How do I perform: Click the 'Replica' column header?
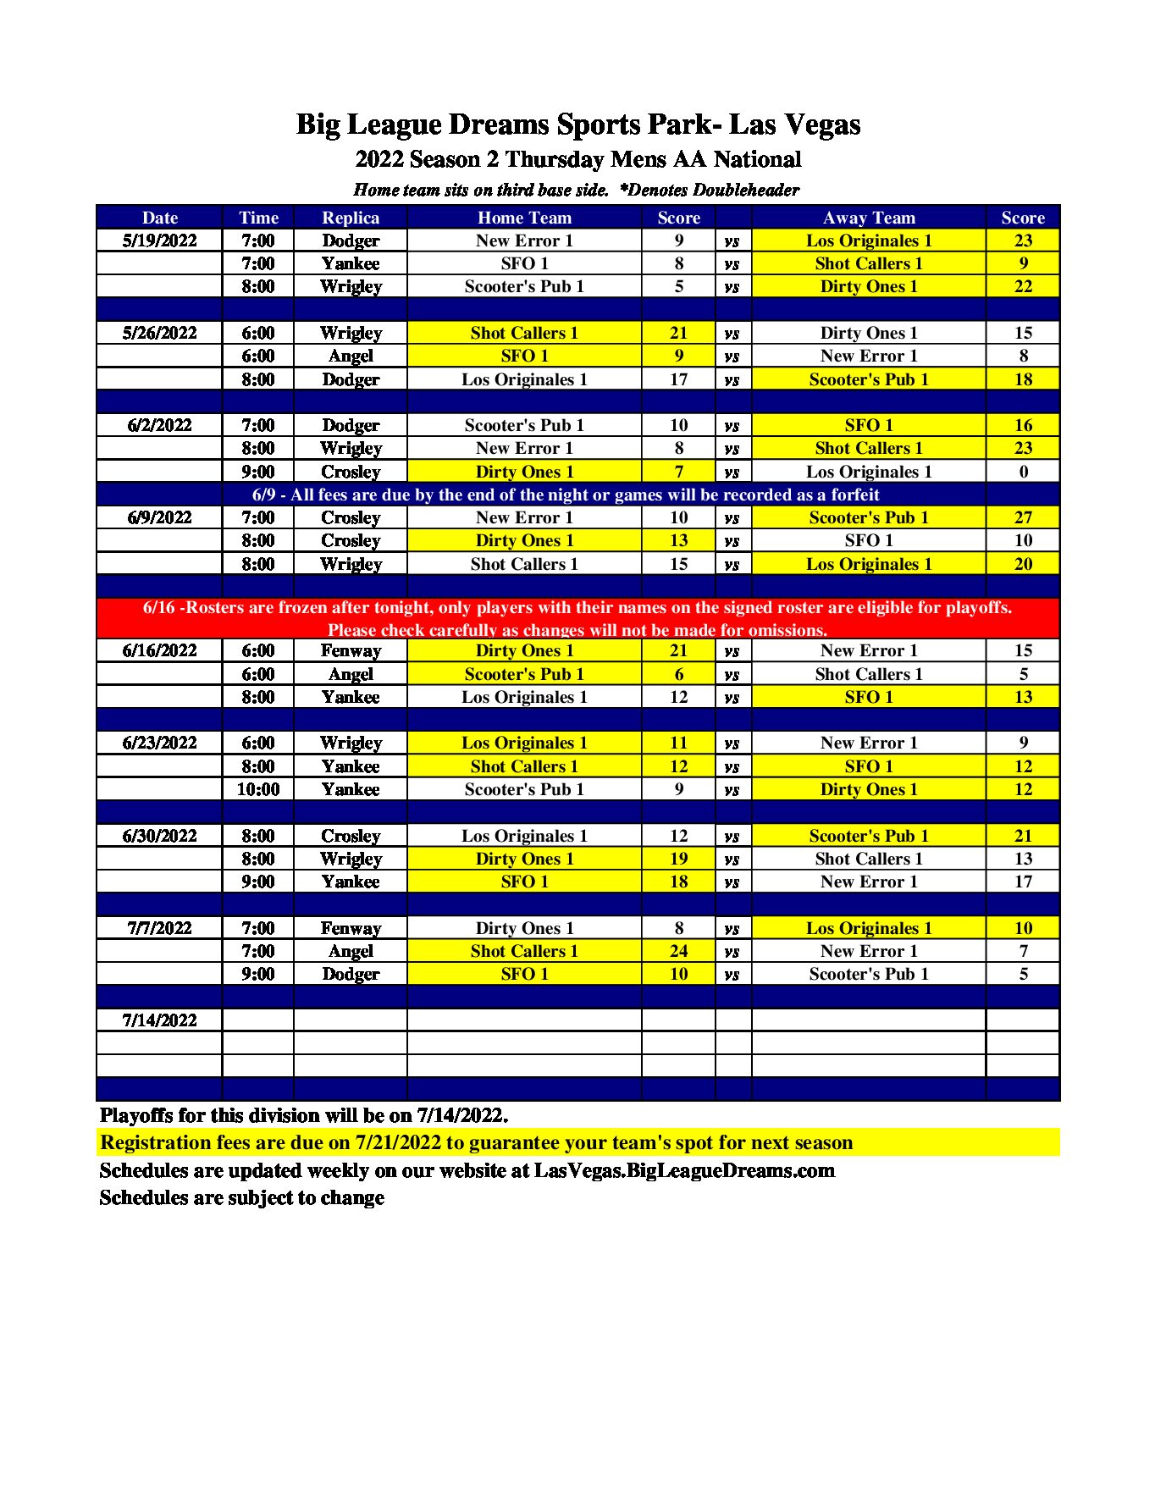(x=351, y=218)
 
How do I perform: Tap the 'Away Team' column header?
(x=869, y=218)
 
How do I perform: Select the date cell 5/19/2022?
(x=159, y=240)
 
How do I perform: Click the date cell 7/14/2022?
(x=159, y=1020)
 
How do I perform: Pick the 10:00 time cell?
(x=257, y=789)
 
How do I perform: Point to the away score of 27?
(x=1023, y=517)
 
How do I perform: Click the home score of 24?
(x=678, y=951)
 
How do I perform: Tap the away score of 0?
(x=1023, y=472)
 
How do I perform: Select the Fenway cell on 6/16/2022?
(x=351, y=650)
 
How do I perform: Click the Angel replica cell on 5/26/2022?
(x=351, y=356)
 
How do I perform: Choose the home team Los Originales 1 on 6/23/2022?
(x=524, y=743)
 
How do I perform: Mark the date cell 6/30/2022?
(x=159, y=836)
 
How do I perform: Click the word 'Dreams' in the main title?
(x=498, y=124)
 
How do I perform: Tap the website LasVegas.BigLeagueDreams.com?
(x=684, y=1170)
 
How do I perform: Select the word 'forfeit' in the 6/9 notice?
(x=849, y=495)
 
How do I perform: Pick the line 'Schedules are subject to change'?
(x=242, y=1197)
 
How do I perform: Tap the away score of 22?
(x=1023, y=286)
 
